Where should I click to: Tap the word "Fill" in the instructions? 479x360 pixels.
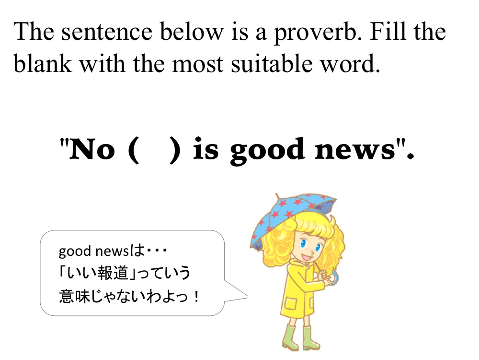[x=388, y=31]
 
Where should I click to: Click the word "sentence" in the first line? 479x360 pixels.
[x=107, y=33]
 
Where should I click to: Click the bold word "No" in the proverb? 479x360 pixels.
[x=92, y=149]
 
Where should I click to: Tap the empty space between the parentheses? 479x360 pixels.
[x=154, y=150]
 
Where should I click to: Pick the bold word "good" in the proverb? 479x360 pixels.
[x=267, y=151]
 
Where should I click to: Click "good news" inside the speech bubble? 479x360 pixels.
[x=94, y=252]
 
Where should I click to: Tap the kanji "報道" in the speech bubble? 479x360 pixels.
[x=113, y=273]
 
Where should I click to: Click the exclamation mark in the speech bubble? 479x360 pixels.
[x=196, y=296]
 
